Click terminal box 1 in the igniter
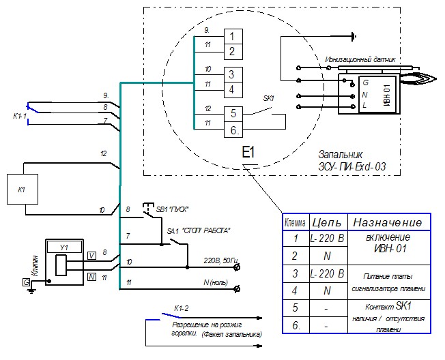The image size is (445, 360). [232, 37]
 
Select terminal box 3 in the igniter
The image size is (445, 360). [232, 74]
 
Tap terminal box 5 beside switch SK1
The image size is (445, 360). [232, 114]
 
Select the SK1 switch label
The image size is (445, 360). [268, 98]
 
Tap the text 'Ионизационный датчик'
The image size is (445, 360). [360, 59]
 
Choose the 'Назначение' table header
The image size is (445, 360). [388, 223]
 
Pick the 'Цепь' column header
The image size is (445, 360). [326, 223]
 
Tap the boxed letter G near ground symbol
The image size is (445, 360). [26, 281]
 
